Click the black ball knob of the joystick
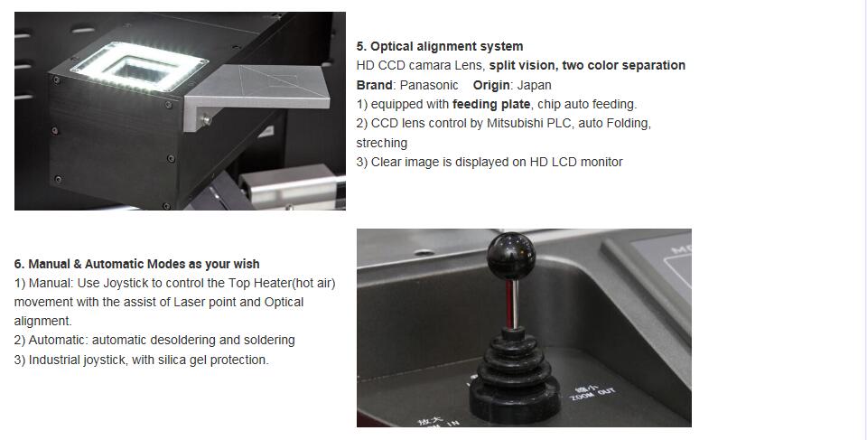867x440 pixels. [511, 256]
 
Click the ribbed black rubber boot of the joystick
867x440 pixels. [514, 377]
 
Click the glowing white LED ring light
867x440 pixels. [140, 66]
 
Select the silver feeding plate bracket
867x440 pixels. [256, 94]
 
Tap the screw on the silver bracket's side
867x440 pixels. [206, 119]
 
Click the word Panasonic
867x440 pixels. [429, 85]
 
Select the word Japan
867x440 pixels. [534, 86]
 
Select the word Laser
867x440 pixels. [189, 302]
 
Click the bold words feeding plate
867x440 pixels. [491, 104]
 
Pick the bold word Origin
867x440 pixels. [491, 86]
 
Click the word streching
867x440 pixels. [381, 143]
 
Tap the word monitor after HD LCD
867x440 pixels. [601, 162]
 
